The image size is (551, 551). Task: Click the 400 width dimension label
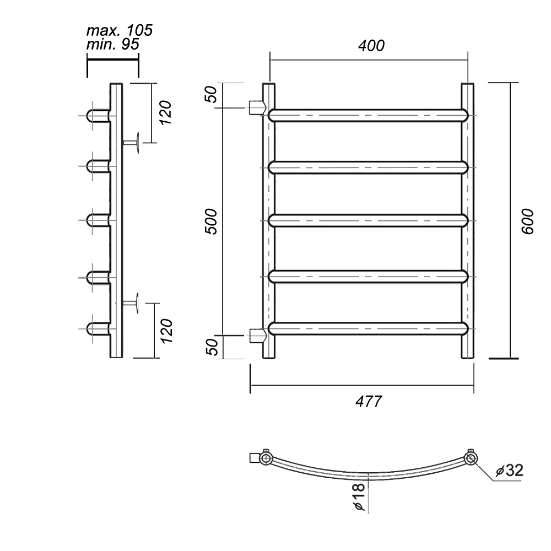(371, 46)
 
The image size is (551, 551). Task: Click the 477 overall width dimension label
(368, 401)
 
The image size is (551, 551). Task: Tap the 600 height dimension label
(527, 222)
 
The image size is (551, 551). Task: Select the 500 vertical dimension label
(212, 222)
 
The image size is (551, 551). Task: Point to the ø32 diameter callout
(510, 470)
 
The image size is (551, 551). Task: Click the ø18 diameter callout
(359, 497)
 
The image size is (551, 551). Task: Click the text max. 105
(120, 30)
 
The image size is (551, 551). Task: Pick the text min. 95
(113, 44)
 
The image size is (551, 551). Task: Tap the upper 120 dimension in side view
(165, 112)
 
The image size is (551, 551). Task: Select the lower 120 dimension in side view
(166, 331)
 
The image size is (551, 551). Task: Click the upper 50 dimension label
(212, 94)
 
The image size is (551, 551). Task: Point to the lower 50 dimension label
(212, 347)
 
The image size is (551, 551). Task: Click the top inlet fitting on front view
(257, 107)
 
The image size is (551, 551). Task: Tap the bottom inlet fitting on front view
(257, 335)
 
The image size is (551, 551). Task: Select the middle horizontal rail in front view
(368, 221)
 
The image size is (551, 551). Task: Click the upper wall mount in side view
(131, 143)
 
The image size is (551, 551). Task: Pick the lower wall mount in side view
(131, 302)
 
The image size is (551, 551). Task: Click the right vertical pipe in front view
(467, 221)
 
